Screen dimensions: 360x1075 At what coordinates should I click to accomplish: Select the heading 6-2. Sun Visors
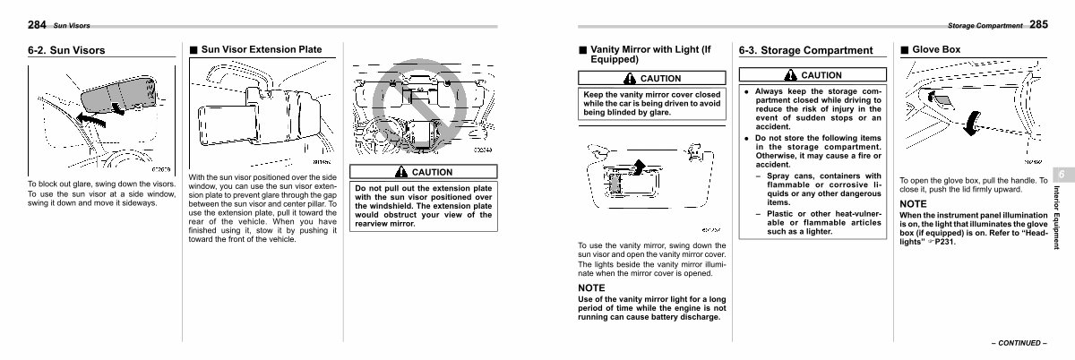tap(66, 51)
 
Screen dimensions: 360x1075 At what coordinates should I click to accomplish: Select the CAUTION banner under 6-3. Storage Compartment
tap(812, 75)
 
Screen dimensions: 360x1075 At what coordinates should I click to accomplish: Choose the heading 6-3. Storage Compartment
tap(804, 51)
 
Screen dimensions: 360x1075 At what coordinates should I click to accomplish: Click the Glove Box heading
tap(935, 50)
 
